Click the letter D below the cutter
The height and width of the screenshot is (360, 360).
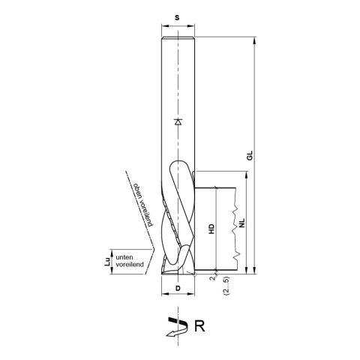(178, 288)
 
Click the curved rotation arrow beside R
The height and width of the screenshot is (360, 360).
(175, 326)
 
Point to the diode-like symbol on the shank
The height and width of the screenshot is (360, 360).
(177, 121)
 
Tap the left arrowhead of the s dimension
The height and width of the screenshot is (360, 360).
(163, 32)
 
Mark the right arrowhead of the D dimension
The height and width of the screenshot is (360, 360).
(191, 295)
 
